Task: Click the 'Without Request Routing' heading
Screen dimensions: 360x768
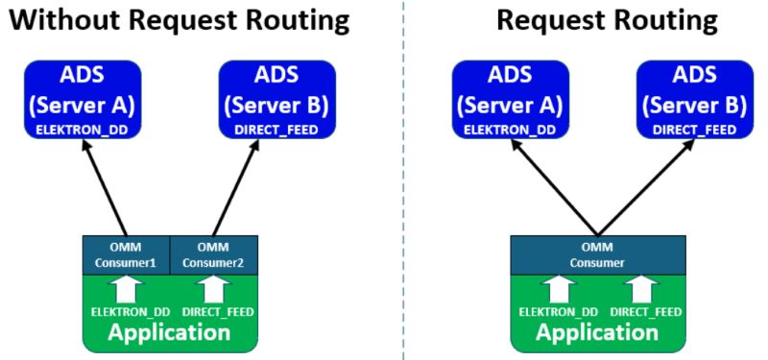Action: tap(179, 20)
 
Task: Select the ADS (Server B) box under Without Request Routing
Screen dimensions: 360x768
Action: tap(277, 98)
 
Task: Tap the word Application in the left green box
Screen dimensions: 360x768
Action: tap(169, 333)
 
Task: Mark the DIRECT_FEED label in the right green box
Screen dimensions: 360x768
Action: tap(646, 312)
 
